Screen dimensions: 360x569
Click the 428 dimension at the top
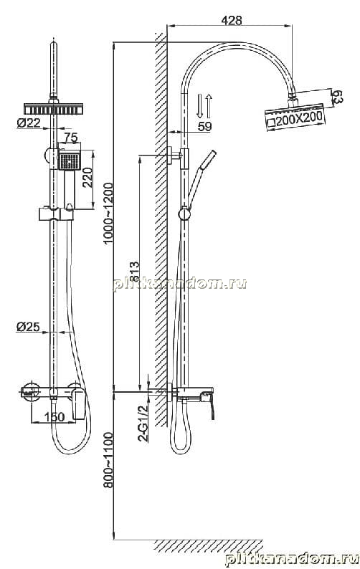[232, 20]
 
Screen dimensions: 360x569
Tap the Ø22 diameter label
[29, 123]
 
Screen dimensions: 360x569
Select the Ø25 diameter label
[28, 327]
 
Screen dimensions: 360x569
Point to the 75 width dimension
[71, 138]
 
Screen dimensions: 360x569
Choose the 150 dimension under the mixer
[54, 417]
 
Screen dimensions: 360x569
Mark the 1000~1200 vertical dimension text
[108, 214]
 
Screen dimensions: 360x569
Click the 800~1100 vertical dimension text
[108, 460]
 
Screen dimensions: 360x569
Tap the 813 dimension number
[133, 272]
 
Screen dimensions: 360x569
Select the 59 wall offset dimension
[204, 126]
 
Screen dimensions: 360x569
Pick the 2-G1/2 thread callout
[143, 422]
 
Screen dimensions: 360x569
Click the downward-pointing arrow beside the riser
[199, 105]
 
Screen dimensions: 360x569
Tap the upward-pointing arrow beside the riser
[209, 105]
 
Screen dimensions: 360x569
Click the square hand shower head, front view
[69, 161]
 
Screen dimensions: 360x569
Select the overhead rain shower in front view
[53, 108]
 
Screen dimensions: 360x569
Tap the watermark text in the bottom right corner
[292, 559]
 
